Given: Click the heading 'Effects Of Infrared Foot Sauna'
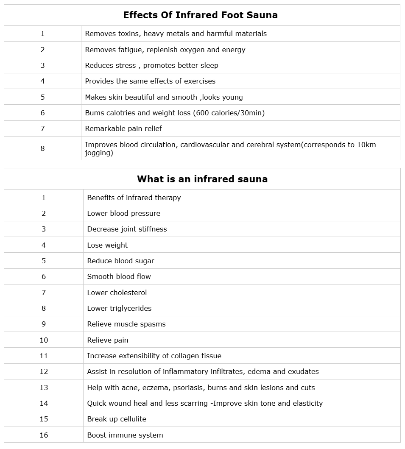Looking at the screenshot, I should [200, 15].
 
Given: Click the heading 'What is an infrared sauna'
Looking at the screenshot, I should [202, 179].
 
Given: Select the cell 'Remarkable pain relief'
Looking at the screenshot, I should [123, 128].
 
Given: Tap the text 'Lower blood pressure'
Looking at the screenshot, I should [123, 213].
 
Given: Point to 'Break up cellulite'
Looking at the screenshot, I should [117, 419].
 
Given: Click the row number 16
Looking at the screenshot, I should [44, 435].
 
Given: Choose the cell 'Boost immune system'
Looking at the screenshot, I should [125, 435].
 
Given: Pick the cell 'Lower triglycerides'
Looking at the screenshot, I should [119, 308].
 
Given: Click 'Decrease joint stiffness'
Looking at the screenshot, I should [127, 229].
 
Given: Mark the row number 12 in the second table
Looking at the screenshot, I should [44, 371].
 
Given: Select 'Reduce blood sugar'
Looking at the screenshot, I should [120, 261].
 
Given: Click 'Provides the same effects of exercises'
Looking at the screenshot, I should [150, 81].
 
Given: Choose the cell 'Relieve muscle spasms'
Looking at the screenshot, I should [126, 324].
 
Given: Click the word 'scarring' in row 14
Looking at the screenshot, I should [194, 403].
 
